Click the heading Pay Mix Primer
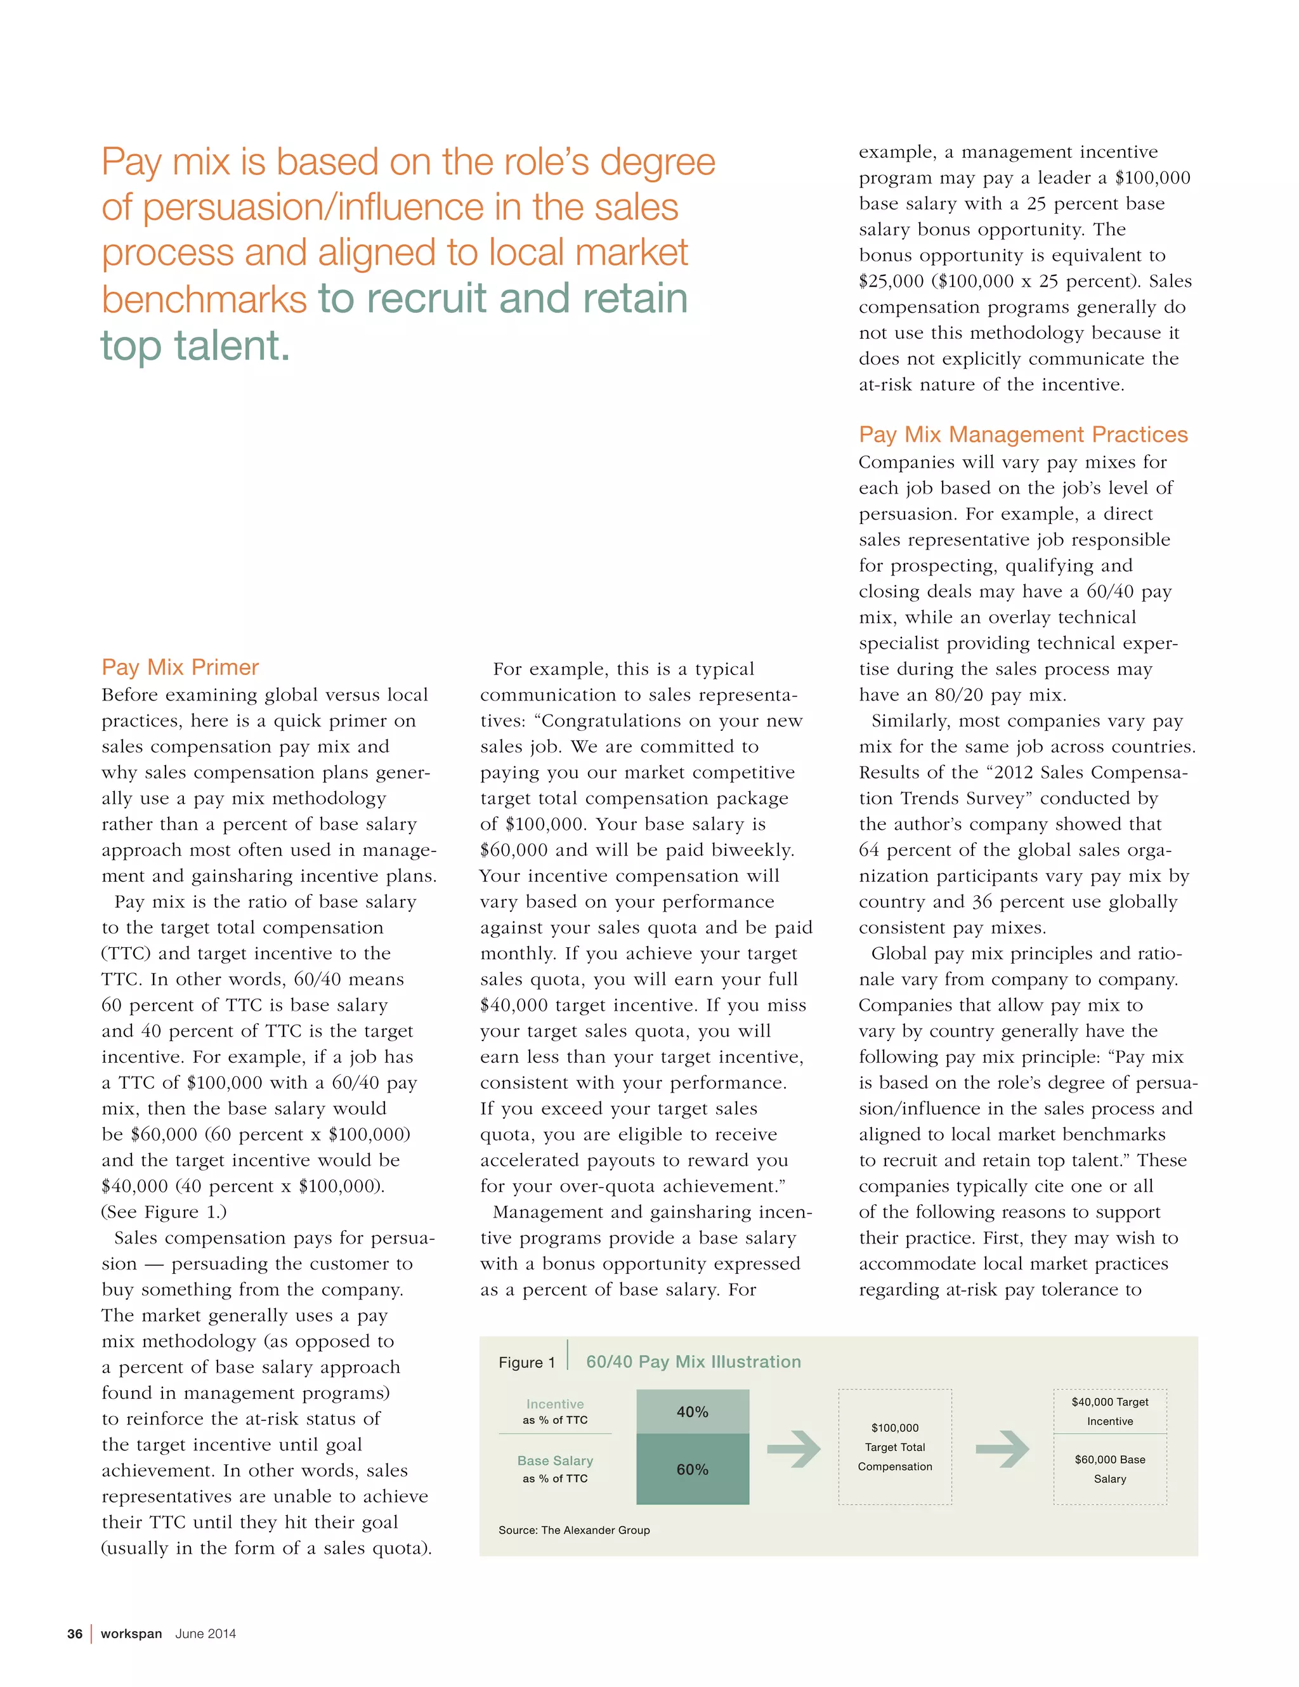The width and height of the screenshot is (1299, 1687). coord(180,667)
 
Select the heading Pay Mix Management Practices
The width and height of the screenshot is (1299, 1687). coord(1022,434)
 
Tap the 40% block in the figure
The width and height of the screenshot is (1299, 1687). coord(692,1411)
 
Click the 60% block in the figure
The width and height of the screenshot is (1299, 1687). coord(692,1469)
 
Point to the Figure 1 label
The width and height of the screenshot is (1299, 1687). coord(526,1363)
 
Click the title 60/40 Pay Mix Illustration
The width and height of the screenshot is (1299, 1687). coord(693,1362)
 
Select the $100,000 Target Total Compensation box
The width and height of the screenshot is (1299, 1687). coord(894,1447)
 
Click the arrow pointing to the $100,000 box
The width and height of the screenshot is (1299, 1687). coord(793,1449)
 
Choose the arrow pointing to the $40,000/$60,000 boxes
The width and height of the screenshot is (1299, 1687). coord(1002,1449)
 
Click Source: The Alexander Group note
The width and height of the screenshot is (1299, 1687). coord(574,1530)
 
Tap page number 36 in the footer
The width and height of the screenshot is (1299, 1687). coord(75,1634)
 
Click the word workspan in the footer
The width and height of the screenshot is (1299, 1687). coord(131,1634)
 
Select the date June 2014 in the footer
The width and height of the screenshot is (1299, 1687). coord(206,1634)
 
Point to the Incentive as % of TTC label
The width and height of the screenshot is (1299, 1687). coord(554,1411)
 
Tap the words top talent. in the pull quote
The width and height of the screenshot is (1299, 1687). coord(195,345)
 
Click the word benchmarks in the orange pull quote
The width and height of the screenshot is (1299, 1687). coord(204,299)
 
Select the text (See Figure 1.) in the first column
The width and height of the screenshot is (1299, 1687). coord(164,1211)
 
